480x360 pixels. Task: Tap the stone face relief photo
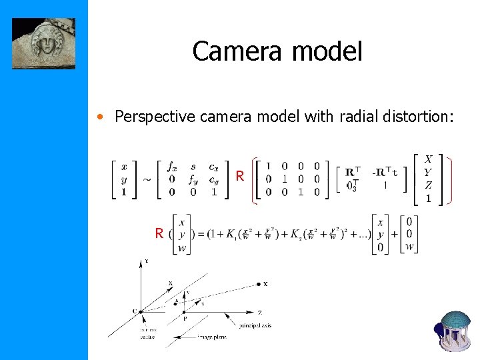click(x=43, y=43)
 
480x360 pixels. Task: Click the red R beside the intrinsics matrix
click(x=239, y=177)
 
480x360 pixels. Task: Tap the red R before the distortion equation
click(x=159, y=233)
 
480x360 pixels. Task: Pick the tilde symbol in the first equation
click(x=147, y=179)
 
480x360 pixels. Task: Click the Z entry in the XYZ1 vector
click(x=428, y=185)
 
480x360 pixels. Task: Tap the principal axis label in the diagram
click(x=255, y=326)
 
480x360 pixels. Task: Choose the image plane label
click(x=212, y=337)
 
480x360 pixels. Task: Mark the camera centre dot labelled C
click(x=142, y=311)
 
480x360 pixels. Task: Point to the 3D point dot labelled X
click(x=258, y=285)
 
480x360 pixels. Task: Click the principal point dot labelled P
click(x=185, y=311)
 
